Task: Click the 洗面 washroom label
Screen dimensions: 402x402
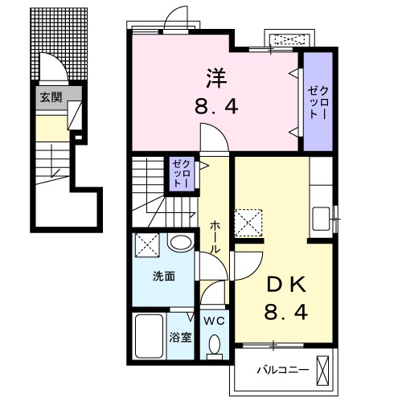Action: coord(164,276)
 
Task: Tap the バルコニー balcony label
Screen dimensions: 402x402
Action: coord(277,371)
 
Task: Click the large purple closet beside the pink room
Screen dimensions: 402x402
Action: coord(316,100)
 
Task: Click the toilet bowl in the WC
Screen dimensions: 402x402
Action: coord(215,346)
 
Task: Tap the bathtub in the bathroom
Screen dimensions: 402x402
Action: coord(149,336)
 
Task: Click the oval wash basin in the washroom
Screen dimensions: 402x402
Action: coord(181,243)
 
